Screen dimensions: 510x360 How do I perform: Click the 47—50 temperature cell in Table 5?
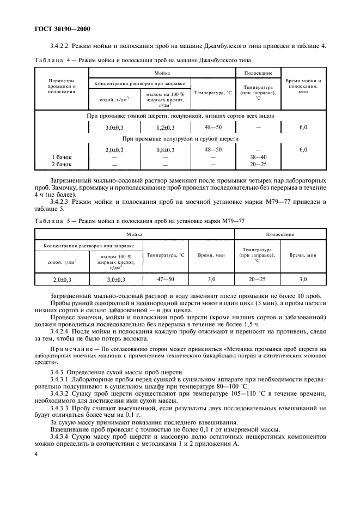tap(166, 279)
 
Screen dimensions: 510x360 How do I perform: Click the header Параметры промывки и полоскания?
tap(62, 87)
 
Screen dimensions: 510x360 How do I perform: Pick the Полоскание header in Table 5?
tap(280, 234)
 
